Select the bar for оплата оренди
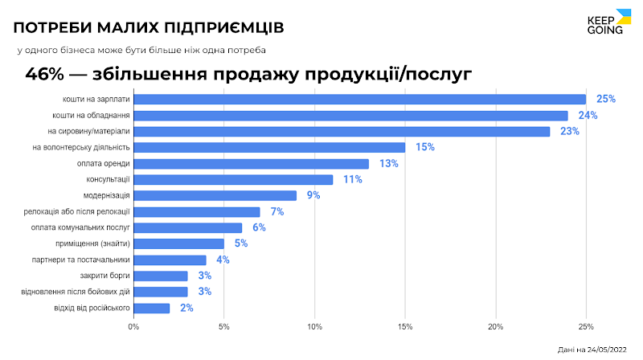tap(251, 163)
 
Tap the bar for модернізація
tap(215, 195)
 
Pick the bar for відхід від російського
tap(151, 308)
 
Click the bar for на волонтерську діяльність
tap(269, 147)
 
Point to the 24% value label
tap(588, 115)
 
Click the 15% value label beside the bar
tap(424, 147)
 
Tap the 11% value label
tap(352, 179)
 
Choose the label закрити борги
tap(107, 276)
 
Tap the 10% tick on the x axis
tap(314, 326)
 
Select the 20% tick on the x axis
tap(495, 326)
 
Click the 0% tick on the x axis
tap(133, 326)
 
